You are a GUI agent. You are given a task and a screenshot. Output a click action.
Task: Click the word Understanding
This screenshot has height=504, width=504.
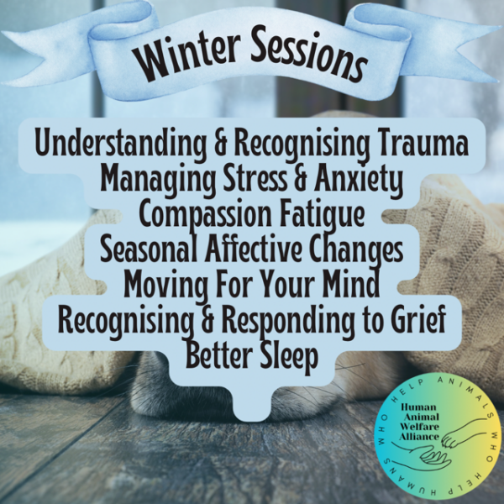pos(120,145)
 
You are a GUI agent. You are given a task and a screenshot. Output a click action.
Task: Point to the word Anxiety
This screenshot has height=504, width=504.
pos(358,181)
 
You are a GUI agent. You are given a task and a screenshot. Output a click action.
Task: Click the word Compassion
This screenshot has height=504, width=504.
pos(206,216)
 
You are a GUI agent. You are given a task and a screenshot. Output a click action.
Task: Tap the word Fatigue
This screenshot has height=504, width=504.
pos(322,216)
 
